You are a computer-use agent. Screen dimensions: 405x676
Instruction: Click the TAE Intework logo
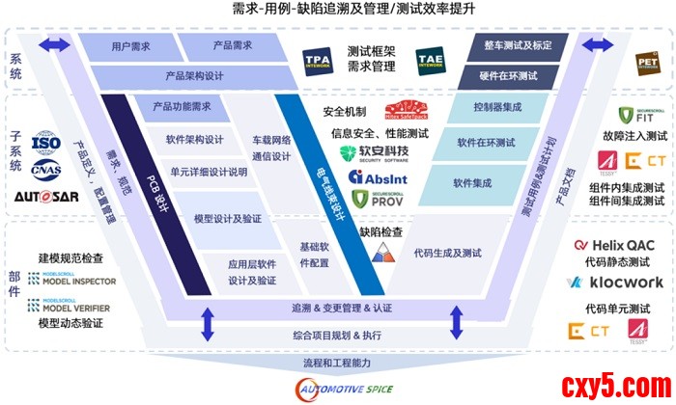431,63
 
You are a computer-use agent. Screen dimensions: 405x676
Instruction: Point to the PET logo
646,64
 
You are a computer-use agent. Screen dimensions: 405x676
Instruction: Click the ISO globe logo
44,144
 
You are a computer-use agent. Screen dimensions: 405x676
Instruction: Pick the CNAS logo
44,170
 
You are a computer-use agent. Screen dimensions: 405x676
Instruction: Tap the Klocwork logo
615,283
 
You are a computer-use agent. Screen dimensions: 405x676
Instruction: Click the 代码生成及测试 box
446,253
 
